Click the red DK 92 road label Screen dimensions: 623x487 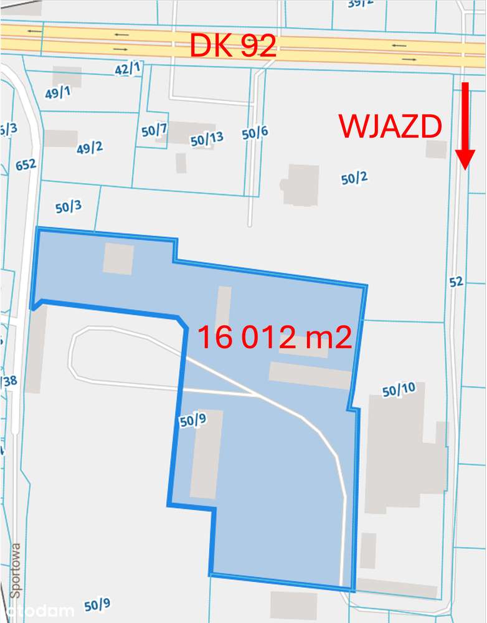233,45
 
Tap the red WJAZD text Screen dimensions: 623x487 390,126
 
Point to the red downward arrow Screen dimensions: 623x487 465,125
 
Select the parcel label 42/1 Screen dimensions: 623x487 128,69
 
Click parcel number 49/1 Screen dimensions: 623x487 58,93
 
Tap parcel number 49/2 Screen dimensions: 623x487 90,148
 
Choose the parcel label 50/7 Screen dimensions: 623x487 154,131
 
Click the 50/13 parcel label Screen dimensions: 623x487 207,140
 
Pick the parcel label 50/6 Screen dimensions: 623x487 255,132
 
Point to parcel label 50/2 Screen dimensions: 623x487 354,178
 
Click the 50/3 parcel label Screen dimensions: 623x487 69,207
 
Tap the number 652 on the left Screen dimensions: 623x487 26,164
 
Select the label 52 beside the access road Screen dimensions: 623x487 456,282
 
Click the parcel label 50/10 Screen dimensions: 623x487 399,391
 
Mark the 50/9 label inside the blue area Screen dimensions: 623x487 192,421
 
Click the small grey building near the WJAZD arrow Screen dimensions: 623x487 436,149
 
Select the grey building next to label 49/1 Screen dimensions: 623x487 67,76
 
